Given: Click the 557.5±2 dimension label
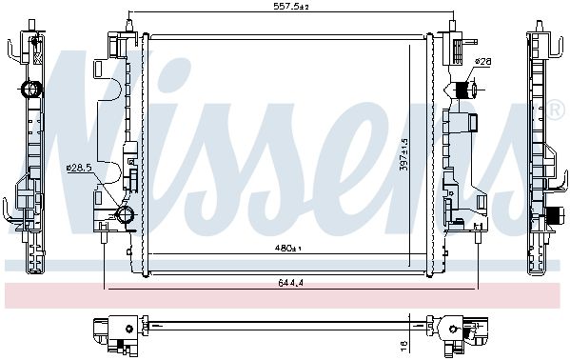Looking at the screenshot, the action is point(290,6).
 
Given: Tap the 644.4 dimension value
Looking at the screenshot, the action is point(291,283).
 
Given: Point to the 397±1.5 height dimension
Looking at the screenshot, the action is point(403,154).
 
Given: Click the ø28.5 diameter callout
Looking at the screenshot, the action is point(79,168).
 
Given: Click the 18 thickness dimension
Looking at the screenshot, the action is point(403,343).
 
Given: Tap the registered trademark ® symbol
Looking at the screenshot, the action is point(555,110).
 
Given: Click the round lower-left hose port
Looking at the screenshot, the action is point(125,214).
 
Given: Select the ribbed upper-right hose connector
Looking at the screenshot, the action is point(463,90).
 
